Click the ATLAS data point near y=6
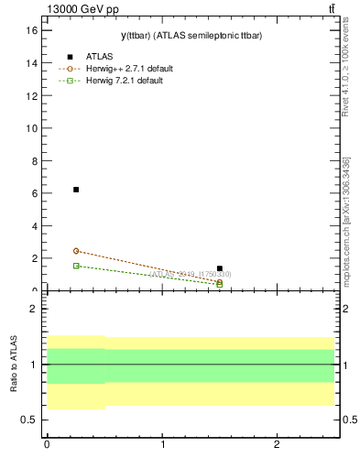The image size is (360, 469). [76, 190]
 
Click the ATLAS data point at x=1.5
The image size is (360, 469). [220, 268]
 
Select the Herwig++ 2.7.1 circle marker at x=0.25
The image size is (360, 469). [76, 251]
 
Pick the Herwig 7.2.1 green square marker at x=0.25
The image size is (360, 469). [76, 266]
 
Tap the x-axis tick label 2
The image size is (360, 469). [277, 444]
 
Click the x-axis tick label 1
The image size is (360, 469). [162, 444]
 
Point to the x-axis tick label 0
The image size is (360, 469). [47, 444]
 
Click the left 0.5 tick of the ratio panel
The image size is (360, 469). [29, 420]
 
